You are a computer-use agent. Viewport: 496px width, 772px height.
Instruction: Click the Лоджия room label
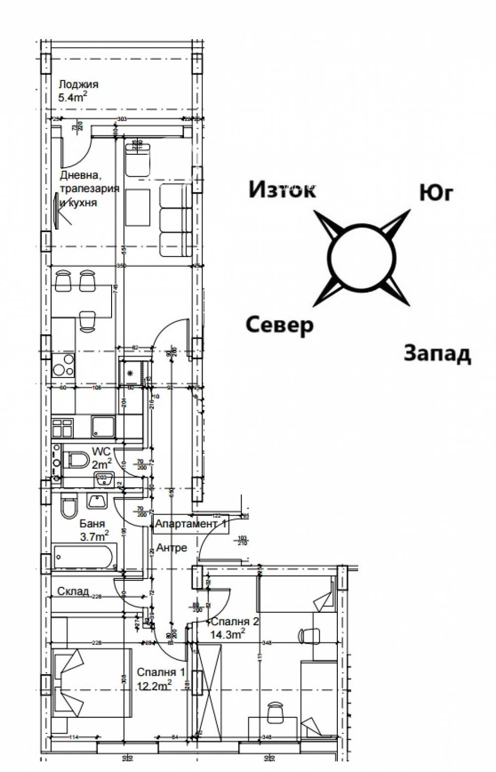pyautogui.click(x=78, y=84)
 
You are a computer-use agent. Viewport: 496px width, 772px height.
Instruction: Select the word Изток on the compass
pyautogui.click(x=282, y=190)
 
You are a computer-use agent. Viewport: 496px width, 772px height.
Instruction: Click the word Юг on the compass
pyautogui.click(x=436, y=193)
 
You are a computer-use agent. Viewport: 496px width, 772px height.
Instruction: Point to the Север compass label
pyautogui.click(x=280, y=325)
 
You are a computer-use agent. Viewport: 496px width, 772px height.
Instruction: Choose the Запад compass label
pyautogui.click(x=437, y=353)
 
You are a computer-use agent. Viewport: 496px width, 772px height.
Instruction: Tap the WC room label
pyautogui.click(x=101, y=452)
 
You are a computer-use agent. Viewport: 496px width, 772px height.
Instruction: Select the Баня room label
pyautogui.click(x=92, y=523)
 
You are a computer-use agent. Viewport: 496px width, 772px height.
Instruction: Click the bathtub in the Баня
pyautogui.click(x=84, y=556)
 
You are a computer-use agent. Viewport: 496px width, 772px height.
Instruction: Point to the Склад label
pyautogui.click(x=73, y=591)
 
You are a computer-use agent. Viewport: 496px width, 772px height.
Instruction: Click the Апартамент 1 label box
pyautogui.click(x=191, y=523)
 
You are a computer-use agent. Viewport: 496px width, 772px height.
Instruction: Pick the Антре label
pyautogui.click(x=172, y=548)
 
